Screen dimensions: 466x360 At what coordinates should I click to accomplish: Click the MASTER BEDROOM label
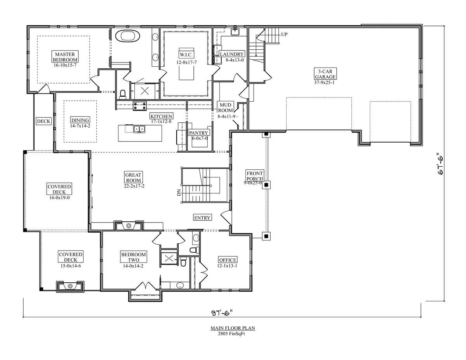pyautogui.click(x=65, y=57)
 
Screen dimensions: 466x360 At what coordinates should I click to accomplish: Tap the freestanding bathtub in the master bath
pyautogui.click(x=128, y=36)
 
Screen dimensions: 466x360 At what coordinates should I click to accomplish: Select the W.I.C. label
pyautogui.click(x=186, y=55)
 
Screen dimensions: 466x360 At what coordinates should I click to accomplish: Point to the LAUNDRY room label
pyautogui.click(x=231, y=54)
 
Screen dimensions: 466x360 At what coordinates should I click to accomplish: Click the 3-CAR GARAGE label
pyautogui.click(x=325, y=74)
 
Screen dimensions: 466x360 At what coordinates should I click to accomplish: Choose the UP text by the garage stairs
pyautogui.click(x=284, y=34)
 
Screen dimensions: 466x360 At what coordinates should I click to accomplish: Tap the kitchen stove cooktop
pyautogui.click(x=140, y=106)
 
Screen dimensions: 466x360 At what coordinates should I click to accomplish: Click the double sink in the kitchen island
pyautogui.click(x=139, y=129)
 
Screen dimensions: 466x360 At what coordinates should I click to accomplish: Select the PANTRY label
pyautogui.click(x=198, y=133)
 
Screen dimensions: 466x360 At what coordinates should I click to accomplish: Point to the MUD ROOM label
pyautogui.click(x=225, y=108)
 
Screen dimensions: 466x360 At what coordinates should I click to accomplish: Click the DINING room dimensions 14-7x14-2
pyautogui.click(x=80, y=126)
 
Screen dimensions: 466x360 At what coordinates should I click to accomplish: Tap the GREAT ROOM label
pyautogui.click(x=133, y=177)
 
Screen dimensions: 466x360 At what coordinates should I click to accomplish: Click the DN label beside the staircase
pyautogui.click(x=179, y=193)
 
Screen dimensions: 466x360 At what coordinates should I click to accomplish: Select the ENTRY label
pyautogui.click(x=202, y=217)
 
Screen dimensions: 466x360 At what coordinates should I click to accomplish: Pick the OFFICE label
pyautogui.click(x=228, y=260)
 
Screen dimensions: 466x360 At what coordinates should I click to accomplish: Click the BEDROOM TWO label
pyautogui.click(x=133, y=257)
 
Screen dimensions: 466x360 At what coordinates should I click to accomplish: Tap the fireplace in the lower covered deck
pyautogui.click(x=70, y=287)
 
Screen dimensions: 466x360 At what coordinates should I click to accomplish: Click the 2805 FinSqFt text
pyautogui.click(x=231, y=334)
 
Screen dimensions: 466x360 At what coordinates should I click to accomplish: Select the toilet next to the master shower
pyautogui.click(x=122, y=94)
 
